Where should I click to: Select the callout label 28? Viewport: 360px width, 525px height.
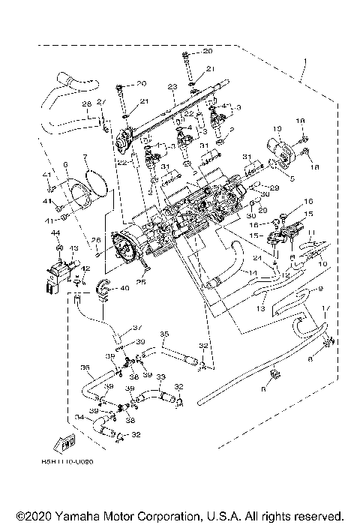85,103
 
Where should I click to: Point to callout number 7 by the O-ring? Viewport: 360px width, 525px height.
85,158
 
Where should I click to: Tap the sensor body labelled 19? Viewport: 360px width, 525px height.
267,149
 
